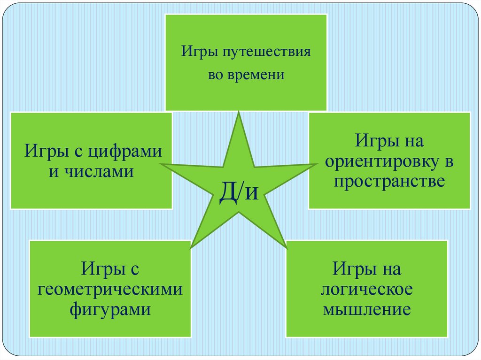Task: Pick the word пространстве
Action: point(389,181)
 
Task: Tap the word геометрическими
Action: point(110,290)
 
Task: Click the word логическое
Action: point(367,290)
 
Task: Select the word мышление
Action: point(367,310)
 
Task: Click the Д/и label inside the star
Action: point(239,192)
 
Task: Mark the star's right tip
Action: point(316,164)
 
